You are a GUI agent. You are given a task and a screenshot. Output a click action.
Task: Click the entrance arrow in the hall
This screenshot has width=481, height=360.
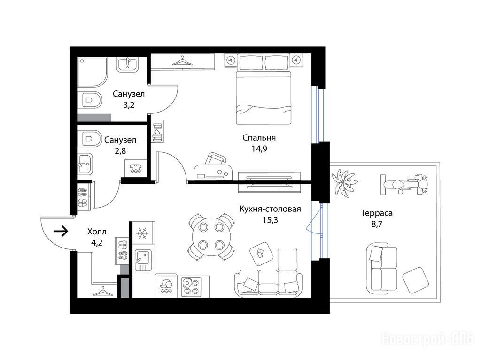tap(61, 231)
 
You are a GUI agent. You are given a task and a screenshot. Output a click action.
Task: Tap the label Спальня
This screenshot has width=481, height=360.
tap(259, 138)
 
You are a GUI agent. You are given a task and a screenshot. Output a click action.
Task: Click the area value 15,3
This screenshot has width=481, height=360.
tap(270, 220)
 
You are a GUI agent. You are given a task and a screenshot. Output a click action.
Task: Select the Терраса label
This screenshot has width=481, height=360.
tap(377, 213)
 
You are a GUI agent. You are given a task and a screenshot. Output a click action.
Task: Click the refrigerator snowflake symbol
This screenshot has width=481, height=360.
tap(142, 233)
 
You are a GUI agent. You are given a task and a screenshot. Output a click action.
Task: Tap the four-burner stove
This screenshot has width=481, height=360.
tap(191, 286)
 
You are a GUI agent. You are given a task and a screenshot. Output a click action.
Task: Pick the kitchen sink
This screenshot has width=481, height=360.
tap(143, 260)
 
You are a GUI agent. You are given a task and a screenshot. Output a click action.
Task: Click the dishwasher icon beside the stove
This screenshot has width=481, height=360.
tap(166, 286)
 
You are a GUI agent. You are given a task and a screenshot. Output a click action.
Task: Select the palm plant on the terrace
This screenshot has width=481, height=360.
tap(344, 182)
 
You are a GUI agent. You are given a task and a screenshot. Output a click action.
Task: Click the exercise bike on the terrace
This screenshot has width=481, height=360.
tap(403, 184)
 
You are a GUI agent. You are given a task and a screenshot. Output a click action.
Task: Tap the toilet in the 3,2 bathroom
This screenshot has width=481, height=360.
tap(89, 100)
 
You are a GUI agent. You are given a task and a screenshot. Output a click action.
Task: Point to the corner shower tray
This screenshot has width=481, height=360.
tap(93, 72)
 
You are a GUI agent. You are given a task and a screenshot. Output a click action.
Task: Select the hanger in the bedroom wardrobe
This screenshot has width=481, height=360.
tap(182, 60)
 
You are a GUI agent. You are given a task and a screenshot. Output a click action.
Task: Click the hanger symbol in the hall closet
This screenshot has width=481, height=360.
tap(103, 291)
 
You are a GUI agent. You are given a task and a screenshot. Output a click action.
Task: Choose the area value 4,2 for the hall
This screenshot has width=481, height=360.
tap(97, 243)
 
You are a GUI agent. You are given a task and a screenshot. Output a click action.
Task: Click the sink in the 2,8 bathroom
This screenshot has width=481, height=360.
tap(85, 164)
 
